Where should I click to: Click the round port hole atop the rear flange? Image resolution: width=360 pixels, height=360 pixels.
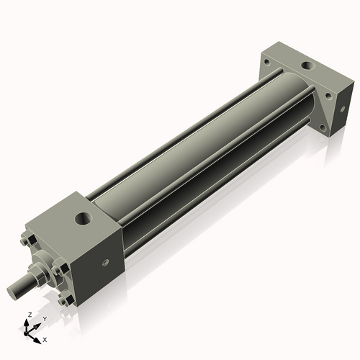point(308,66)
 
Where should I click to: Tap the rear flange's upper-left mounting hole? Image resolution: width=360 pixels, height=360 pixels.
point(266,63)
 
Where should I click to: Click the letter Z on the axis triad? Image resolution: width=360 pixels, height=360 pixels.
point(28,315)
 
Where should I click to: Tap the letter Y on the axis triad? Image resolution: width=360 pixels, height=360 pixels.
point(44,318)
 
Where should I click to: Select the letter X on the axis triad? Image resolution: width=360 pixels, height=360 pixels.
point(45,338)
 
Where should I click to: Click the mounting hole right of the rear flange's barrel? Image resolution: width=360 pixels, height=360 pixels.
point(328,94)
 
